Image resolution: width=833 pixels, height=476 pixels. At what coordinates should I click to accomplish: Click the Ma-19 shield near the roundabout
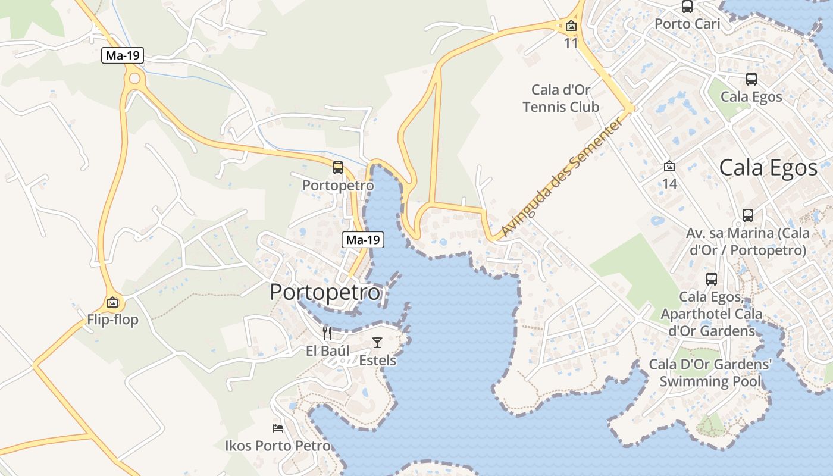[123, 56]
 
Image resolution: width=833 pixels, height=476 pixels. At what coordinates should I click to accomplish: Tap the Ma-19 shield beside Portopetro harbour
[363, 240]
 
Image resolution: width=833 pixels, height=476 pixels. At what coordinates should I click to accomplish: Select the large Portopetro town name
[325, 292]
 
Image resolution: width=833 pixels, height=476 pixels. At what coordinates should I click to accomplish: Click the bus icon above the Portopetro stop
[338, 168]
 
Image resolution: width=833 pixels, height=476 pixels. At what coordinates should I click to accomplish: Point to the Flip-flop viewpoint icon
[112, 302]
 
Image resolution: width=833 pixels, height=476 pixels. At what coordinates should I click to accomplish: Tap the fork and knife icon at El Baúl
[327, 333]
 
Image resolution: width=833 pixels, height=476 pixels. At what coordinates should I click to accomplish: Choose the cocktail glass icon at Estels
[377, 342]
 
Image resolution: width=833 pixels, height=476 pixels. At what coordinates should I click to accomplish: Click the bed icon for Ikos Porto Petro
[278, 428]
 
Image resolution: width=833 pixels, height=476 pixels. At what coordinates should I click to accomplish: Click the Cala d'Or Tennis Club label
[560, 99]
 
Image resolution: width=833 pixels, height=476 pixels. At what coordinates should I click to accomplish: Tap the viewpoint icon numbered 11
[571, 26]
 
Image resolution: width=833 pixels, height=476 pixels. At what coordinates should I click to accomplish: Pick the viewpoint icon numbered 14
[669, 166]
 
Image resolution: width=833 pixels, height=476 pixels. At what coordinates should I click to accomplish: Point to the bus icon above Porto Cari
[687, 7]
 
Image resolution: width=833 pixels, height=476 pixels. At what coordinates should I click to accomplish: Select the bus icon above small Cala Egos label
[751, 79]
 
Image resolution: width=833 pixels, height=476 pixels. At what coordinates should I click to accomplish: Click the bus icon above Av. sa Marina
[748, 215]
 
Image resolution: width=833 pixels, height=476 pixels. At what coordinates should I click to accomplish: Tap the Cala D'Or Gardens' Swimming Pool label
[710, 372]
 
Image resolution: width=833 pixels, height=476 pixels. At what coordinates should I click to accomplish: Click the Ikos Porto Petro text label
[277, 446]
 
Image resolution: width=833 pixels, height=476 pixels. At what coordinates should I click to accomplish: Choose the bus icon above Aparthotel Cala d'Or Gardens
[712, 278]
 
